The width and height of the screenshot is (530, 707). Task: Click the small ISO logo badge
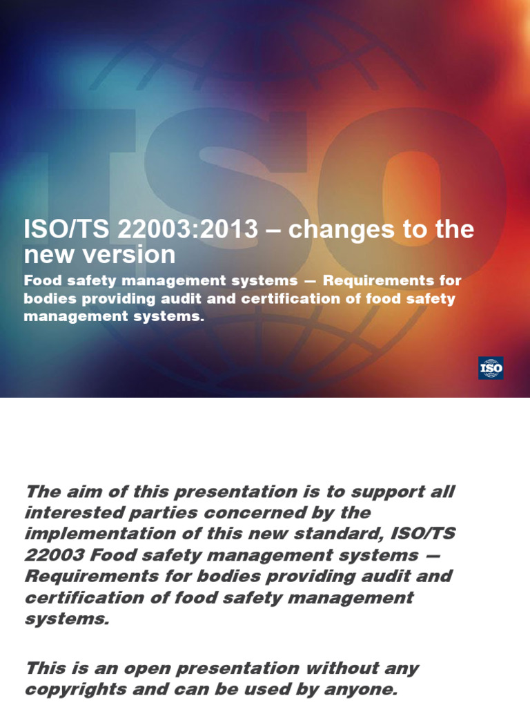(x=491, y=368)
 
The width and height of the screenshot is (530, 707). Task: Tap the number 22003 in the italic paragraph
(x=50, y=555)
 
